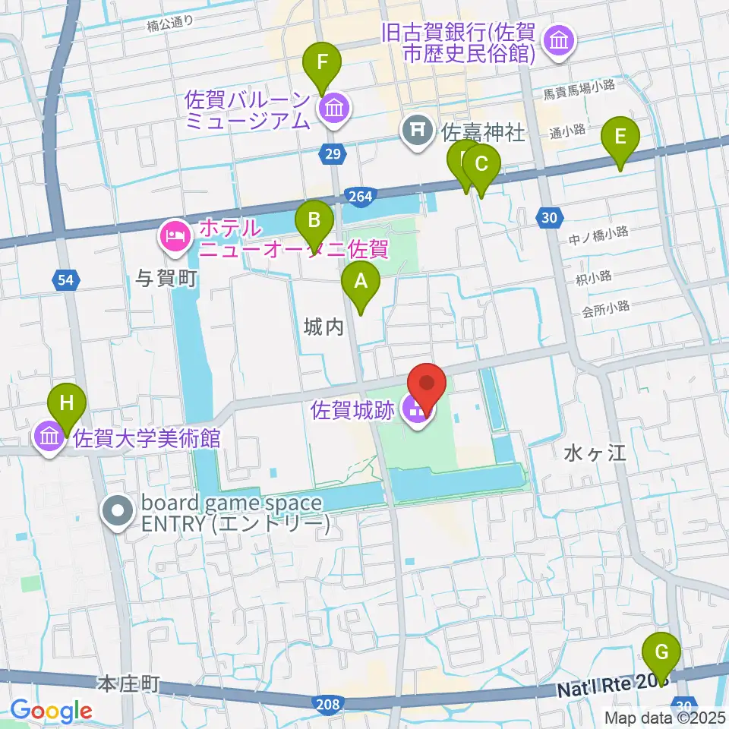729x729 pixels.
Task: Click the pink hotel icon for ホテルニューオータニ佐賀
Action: coord(175,235)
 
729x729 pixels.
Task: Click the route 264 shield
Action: coord(361,197)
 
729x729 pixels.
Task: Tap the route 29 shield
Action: coord(332,153)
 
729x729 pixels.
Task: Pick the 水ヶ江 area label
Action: coord(594,453)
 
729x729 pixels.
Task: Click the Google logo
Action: coord(50,710)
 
